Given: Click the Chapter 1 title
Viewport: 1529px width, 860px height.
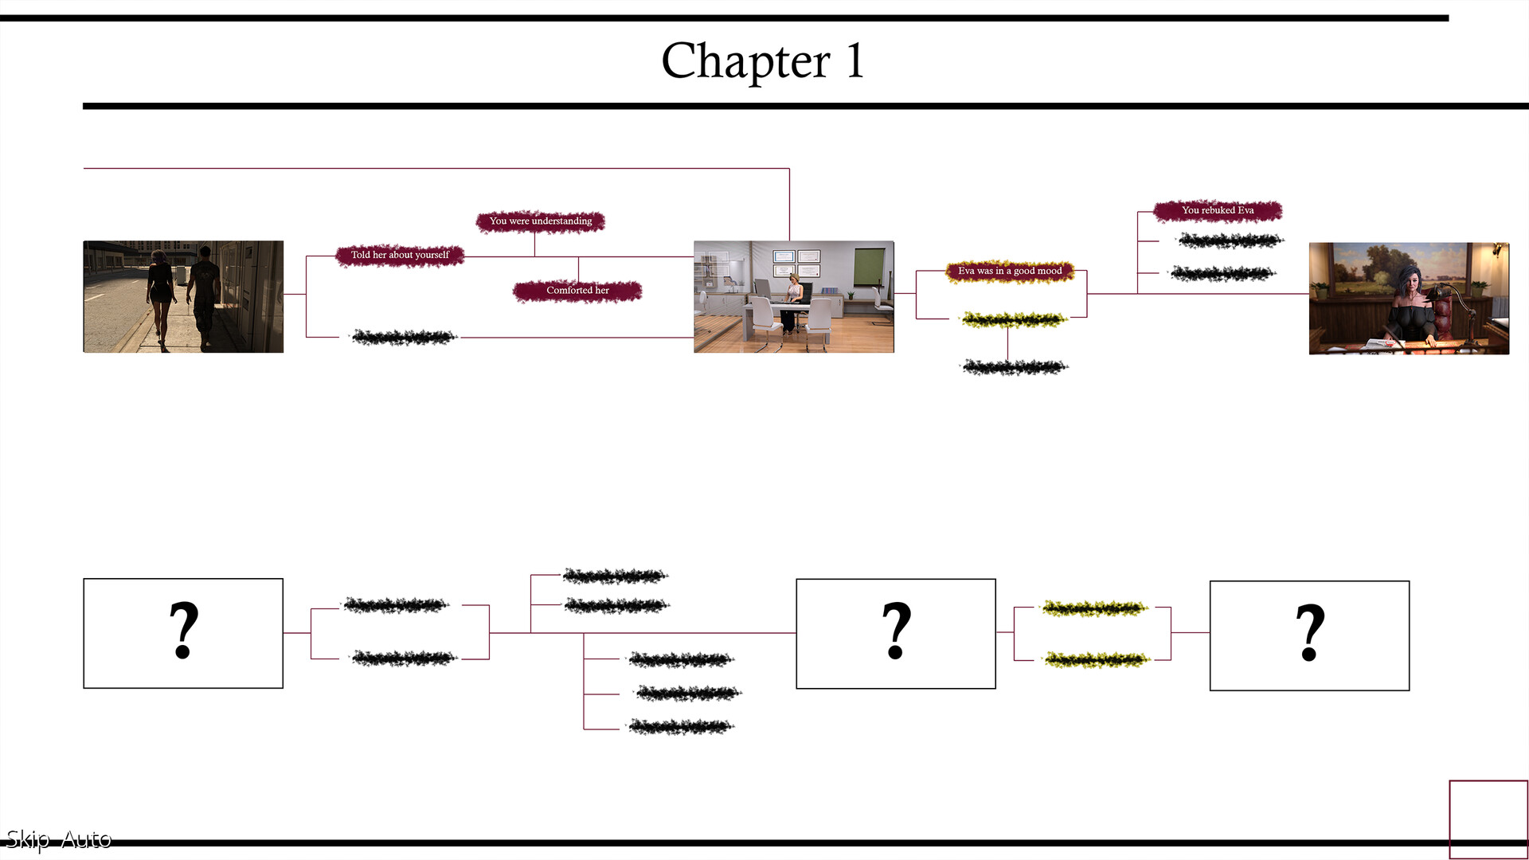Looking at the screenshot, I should pyautogui.click(x=762, y=61).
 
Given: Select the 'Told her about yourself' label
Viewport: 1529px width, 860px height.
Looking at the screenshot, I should pyautogui.click(x=400, y=255).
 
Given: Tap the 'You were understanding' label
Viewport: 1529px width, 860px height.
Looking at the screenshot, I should pyautogui.click(x=541, y=221).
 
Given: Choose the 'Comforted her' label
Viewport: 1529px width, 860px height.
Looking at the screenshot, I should pyautogui.click(x=577, y=291).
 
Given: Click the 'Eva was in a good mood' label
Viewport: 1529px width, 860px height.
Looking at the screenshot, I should pyautogui.click(x=1010, y=271).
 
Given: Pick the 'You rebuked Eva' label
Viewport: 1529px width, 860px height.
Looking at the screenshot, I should pyautogui.click(x=1218, y=210).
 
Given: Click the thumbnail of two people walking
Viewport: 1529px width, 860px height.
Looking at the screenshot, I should pyautogui.click(x=183, y=296).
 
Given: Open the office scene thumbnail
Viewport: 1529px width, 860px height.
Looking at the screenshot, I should pyautogui.click(x=793, y=296).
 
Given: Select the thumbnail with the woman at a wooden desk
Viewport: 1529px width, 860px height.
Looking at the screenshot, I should pyautogui.click(x=1409, y=298).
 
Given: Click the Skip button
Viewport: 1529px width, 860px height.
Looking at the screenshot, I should pyautogui.click(x=27, y=839).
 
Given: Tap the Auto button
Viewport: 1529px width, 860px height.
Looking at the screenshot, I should pyautogui.click(x=86, y=839).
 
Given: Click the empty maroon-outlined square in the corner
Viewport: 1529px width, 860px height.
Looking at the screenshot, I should pyautogui.click(x=1488, y=819).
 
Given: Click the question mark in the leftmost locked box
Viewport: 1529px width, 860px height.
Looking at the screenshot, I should pyautogui.click(x=183, y=631).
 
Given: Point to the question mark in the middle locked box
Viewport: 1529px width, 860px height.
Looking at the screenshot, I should pyautogui.click(x=896, y=631).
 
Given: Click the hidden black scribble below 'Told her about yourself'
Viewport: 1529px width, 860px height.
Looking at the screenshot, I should pyautogui.click(x=404, y=338).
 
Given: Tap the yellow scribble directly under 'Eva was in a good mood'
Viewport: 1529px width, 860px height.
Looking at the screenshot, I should pyautogui.click(x=1013, y=320).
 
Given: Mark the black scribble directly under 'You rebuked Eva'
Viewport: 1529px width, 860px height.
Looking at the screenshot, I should pyautogui.click(x=1230, y=240).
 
